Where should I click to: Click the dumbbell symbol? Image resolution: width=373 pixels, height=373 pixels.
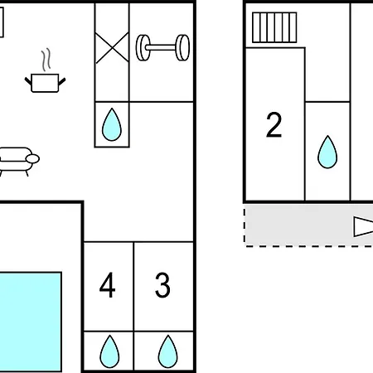[162, 47]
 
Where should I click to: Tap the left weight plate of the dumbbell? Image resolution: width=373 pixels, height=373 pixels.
[143, 47]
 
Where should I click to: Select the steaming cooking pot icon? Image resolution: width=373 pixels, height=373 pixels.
[45, 70]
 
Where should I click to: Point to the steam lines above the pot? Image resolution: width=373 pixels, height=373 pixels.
[46, 60]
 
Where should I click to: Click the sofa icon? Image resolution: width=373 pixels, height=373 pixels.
[18, 162]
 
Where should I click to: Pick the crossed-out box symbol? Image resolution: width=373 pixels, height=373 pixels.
[112, 48]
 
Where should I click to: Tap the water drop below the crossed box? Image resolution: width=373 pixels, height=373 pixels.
[112, 124]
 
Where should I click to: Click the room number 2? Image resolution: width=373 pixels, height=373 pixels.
[274, 124]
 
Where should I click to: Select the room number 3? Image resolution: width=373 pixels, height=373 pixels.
[162, 285]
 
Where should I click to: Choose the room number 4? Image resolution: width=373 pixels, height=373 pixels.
[107, 285]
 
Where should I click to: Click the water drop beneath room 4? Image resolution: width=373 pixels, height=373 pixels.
[109, 351]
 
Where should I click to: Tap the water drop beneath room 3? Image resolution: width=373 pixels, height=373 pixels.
[167, 351]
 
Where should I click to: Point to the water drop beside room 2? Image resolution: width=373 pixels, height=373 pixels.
[327, 152]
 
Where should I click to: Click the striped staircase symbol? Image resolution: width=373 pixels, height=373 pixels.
[274, 27]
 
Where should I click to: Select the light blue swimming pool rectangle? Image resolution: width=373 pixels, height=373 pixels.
[31, 322]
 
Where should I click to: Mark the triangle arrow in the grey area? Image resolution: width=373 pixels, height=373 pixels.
[363, 227]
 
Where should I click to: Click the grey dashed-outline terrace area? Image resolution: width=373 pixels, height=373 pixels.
[308, 225]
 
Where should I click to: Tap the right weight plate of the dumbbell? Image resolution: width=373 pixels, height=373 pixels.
[182, 47]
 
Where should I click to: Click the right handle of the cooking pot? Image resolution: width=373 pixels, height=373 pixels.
[62, 82]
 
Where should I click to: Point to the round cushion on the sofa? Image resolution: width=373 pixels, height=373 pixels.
[32, 159]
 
